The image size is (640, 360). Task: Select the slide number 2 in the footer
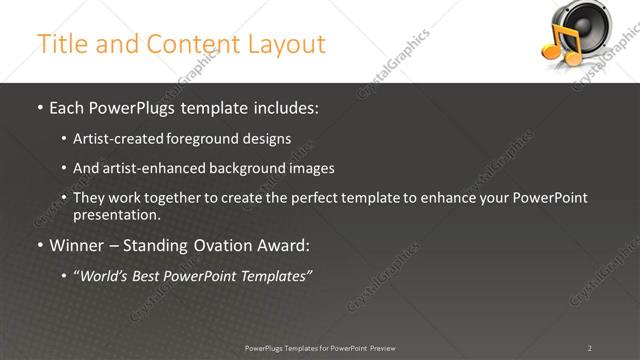590,348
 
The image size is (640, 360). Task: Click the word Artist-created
115,139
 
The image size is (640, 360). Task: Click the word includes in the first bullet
287,108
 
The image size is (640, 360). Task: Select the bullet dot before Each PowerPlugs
39,108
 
